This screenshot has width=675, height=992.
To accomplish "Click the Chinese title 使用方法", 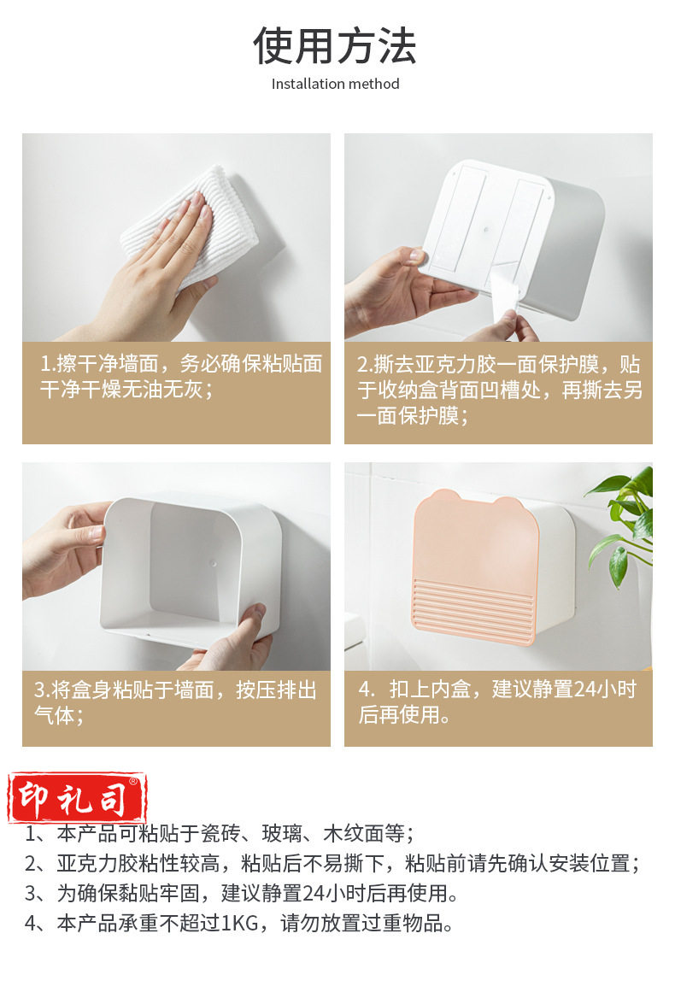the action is click(335, 45).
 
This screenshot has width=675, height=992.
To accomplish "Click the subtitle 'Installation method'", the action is click(335, 84).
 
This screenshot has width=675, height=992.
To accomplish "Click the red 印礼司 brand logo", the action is click(77, 798).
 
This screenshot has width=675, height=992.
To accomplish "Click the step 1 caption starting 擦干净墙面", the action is click(181, 377).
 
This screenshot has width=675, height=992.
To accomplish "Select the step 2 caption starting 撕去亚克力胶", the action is click(499, 390).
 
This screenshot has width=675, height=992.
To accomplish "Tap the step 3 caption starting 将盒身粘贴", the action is click(175, 702).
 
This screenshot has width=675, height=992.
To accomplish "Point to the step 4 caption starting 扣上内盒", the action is click(497, 701).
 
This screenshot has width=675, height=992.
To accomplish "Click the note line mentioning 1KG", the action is click(239, 923).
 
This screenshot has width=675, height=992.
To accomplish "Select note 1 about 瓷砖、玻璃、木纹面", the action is click(220, 833).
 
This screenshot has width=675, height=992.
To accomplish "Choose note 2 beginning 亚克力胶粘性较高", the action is click(332, 863).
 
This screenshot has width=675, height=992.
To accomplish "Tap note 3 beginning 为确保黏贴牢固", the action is click(242, 893).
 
